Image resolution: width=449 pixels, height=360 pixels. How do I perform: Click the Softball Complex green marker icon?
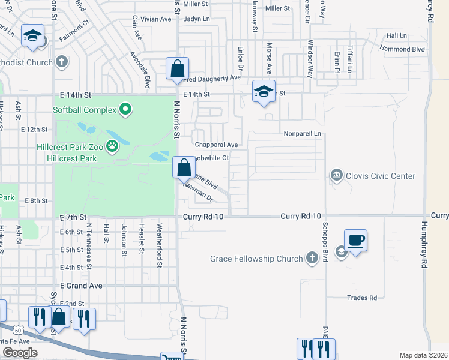pos(125,110)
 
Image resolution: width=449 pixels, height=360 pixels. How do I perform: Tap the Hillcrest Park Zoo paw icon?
pos(112,145)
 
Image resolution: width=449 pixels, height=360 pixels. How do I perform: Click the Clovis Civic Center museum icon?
pos(337,176)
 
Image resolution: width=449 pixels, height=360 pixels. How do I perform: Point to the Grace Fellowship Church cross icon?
pos(311,259)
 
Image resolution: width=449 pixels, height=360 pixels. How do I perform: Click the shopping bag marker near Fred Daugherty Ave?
pos(178,70)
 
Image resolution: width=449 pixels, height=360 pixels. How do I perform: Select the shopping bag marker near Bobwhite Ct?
pos(184,167)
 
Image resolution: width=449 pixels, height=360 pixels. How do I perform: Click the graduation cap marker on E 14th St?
pos(264,92)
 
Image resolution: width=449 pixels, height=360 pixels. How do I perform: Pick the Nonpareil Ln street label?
pos(303,133)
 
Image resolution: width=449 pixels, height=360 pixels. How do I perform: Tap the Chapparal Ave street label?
pos(217,145)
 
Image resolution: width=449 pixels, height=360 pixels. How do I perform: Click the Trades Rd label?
pos(362,298)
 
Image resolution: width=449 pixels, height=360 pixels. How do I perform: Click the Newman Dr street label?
pos(199,191)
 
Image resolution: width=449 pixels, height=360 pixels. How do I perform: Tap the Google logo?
pos(20,353)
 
